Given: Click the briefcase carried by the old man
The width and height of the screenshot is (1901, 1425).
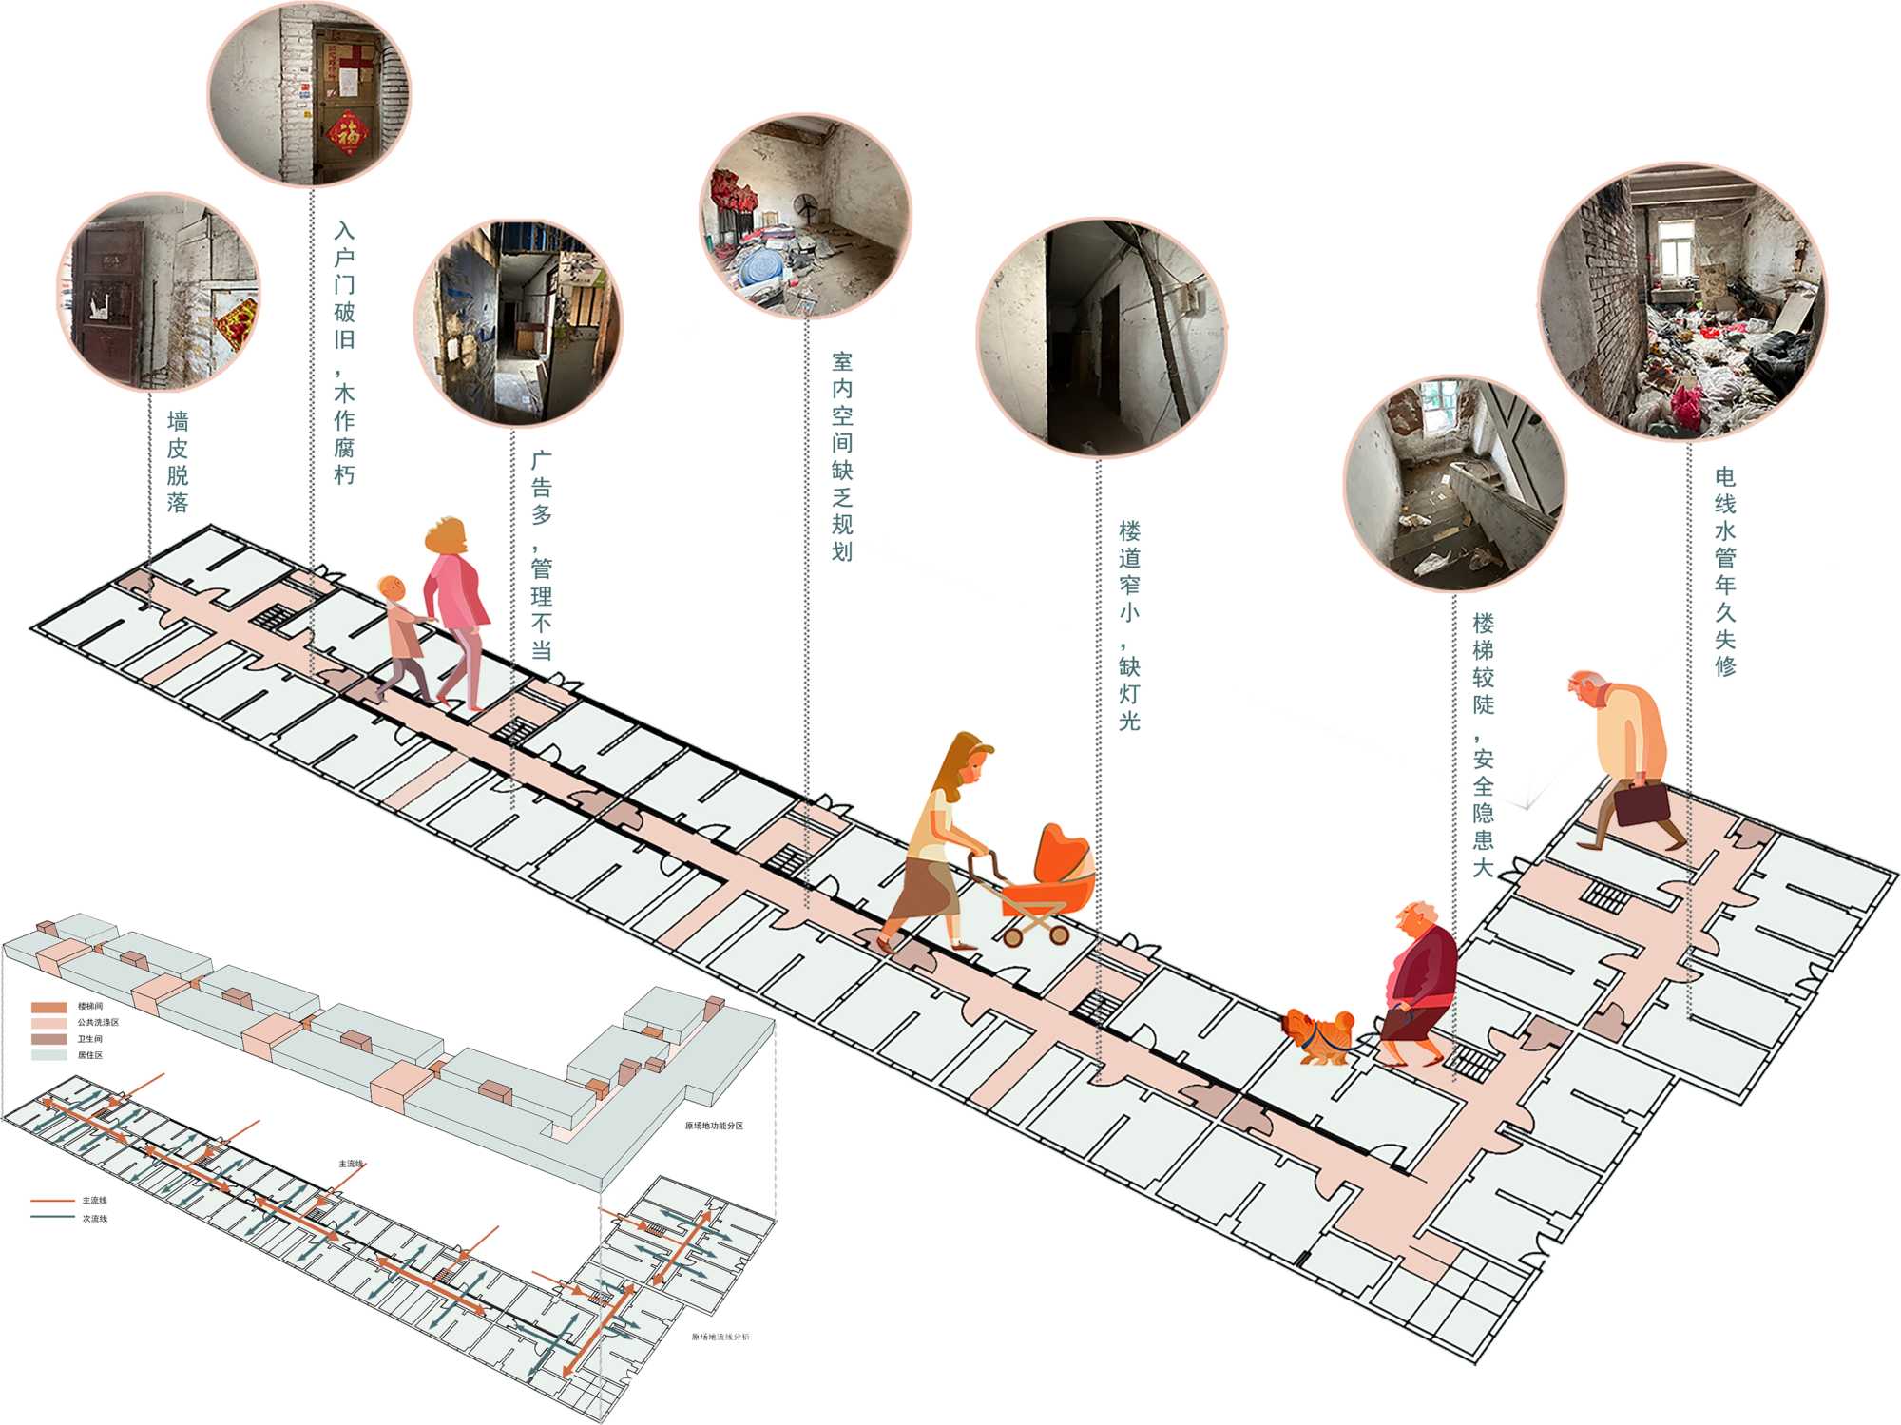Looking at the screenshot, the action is tap(1642, 803).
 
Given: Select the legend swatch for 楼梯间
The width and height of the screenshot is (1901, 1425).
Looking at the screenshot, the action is tap(49, 1007).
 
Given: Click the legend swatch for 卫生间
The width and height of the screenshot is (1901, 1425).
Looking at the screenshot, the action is tap(49, 1039).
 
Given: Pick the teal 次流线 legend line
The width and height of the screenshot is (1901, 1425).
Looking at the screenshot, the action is tap(52, 1218).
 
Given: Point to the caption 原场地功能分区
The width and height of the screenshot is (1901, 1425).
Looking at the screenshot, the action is tap(714, 1126).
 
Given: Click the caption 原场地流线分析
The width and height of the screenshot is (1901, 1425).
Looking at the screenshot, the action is tap(720, 1337).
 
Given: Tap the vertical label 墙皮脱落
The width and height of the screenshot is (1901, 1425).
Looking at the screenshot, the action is tap(178, 462).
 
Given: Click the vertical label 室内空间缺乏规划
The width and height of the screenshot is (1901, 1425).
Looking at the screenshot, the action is tap(842, 456).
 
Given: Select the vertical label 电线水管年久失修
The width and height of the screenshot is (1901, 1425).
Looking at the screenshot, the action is tap(1725, 570).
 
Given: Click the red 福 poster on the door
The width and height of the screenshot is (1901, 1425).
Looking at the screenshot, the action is tap(348, 133).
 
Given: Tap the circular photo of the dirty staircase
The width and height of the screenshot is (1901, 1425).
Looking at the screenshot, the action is tap(1453, 483).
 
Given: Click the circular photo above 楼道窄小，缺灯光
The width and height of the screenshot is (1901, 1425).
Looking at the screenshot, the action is tap(1102, 337).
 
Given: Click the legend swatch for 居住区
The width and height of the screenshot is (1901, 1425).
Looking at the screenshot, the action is tap(49, 1055).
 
